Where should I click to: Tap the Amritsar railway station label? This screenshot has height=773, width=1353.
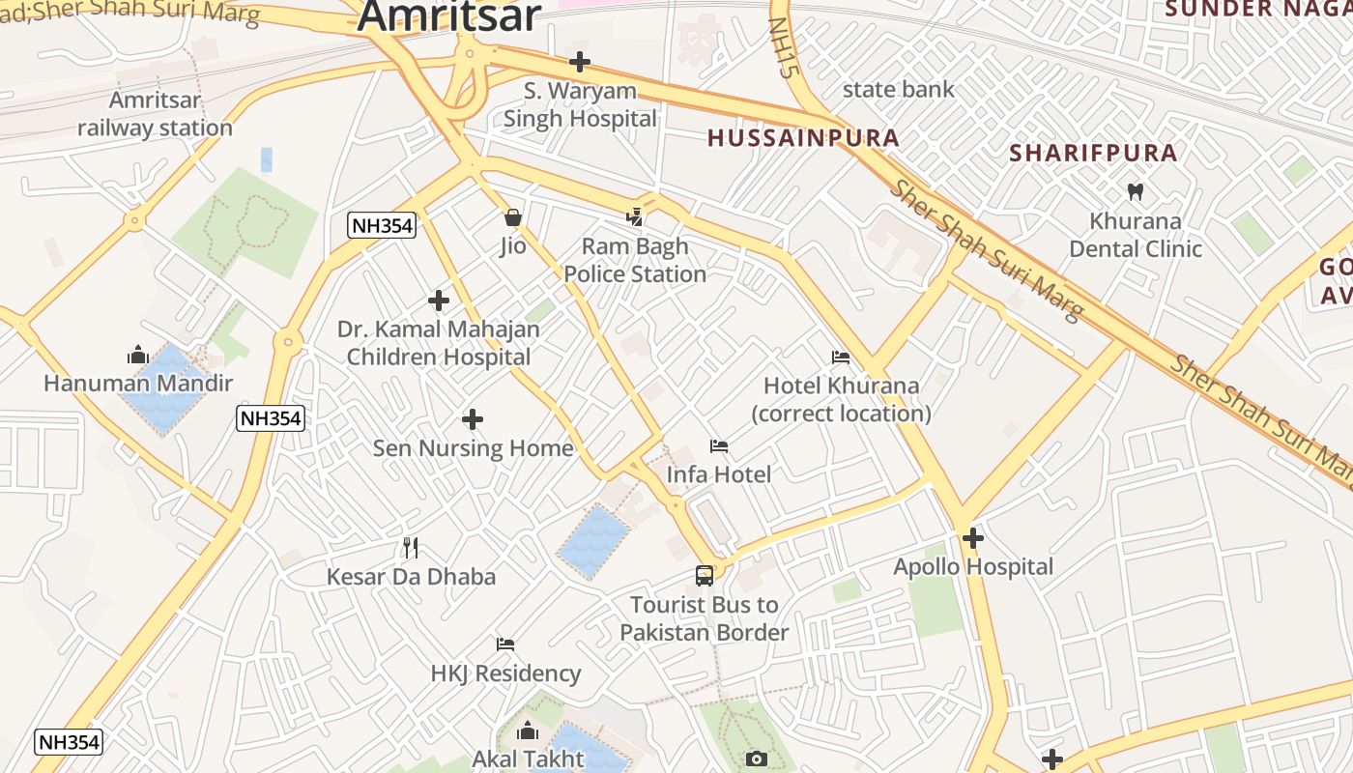click(x=155, y=114)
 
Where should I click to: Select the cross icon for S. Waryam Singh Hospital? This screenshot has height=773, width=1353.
click(x=580, y=62)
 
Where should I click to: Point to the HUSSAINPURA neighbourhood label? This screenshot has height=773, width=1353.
click(x=803, y=138)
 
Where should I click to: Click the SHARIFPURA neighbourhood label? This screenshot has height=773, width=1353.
click(x=1093, y=153)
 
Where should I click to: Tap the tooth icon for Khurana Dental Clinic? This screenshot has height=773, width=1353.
click(x=1136, y=191)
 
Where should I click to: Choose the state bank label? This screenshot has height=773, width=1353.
click(x=898, y=90)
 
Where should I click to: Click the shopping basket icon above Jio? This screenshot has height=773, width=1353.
click(x=513, y=217)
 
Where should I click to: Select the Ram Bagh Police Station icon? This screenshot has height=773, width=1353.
click(x=635, y=217)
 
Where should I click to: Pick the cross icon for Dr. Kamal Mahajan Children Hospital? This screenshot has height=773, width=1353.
click(x=439, y=301)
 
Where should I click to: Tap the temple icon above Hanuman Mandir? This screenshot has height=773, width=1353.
click(x=137, y=355)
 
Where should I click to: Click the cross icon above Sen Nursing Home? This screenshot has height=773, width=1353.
click(x=473, y=419)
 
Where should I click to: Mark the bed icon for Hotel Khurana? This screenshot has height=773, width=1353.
click(x=841, y=358)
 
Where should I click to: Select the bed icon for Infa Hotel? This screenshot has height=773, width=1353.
click(x=719, y=446)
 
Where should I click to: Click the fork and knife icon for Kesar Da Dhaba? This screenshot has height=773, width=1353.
click(x=411, y=548)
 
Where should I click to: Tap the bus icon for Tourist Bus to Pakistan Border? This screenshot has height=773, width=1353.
click(x=705, y=576)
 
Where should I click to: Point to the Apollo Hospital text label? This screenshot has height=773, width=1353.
click(x=973, y=567)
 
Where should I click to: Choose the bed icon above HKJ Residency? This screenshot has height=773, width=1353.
click(x=505, y=644)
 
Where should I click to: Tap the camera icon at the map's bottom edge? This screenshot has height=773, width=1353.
click(x=757, y=759)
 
